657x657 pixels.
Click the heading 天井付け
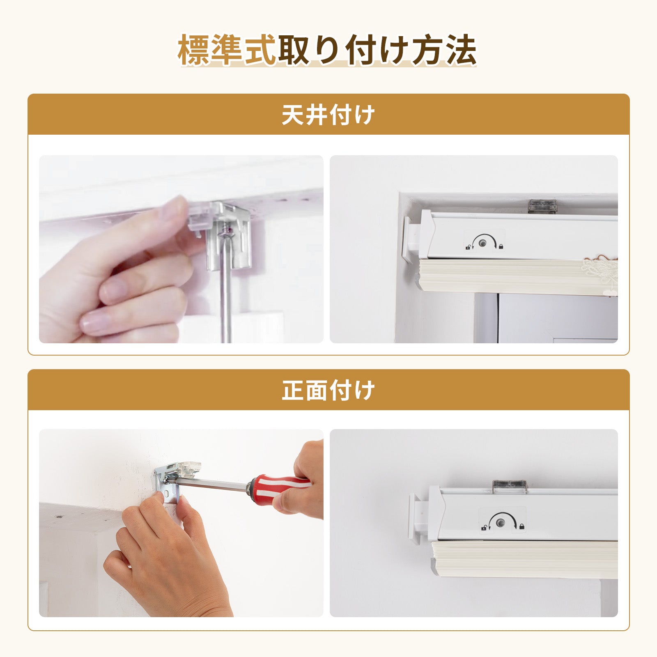328,115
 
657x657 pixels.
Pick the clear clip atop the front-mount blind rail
509,487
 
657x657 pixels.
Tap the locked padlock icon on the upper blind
501,246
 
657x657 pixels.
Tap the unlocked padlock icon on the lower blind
484,527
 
